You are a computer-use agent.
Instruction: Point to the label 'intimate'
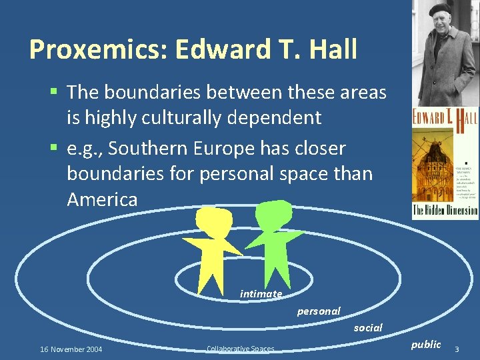261,294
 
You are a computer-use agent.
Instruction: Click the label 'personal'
318,311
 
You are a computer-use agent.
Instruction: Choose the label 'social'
368,328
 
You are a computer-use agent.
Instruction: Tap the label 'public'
426,345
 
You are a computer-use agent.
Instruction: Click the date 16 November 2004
71,349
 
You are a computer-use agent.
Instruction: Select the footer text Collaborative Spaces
240,349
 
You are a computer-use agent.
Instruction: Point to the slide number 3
457,349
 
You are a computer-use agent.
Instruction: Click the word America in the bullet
102,199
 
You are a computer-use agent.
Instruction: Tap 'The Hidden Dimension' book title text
445,210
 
